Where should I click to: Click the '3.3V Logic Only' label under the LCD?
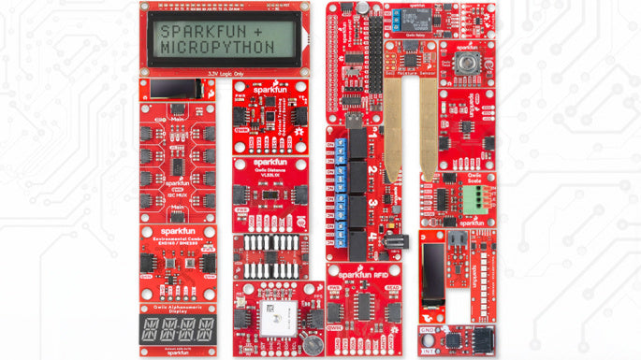pos(226,72)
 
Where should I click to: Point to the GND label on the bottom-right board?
pos(429,331)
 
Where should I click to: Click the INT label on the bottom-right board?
pos(428,350)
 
